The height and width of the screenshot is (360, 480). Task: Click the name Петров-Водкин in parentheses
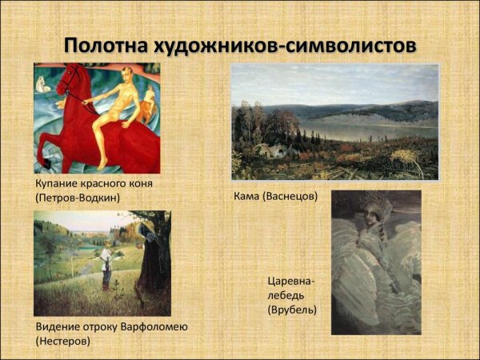(77, 198)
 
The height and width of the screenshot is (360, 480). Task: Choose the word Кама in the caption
(249, 196)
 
